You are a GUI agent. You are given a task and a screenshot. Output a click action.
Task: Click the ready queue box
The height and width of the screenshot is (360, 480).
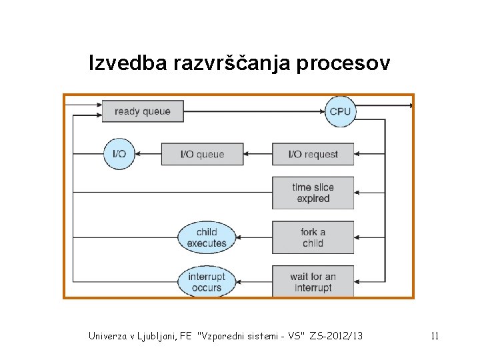pos(143,111)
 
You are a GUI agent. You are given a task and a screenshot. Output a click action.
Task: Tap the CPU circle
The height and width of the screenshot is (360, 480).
pos(339,111)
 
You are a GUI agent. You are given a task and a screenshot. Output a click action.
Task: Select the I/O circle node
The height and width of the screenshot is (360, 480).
pos(119,154)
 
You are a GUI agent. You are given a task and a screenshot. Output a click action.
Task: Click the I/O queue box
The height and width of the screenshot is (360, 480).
pos(203,154)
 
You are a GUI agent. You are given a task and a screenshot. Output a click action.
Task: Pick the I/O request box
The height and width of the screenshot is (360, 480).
pos(313,154)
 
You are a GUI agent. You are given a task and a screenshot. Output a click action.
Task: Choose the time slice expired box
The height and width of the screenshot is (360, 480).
pos(313,193)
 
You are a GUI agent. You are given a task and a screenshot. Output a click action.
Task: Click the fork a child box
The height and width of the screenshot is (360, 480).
pos(313,237)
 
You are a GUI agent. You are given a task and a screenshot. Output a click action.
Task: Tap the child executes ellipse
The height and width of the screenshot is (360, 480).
pos(207,237)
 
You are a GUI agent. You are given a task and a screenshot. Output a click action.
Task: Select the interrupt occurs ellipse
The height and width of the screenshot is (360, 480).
pos(207,282)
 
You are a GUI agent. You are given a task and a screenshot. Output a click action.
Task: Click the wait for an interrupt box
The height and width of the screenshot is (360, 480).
pos(313,282)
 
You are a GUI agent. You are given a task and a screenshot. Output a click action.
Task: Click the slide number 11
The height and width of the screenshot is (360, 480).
pos(435,336)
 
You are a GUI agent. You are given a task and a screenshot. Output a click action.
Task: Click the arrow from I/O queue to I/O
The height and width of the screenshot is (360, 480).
pos(147,154)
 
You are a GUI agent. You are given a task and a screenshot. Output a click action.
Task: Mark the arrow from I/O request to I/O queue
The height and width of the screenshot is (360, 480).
pos(258,154)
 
